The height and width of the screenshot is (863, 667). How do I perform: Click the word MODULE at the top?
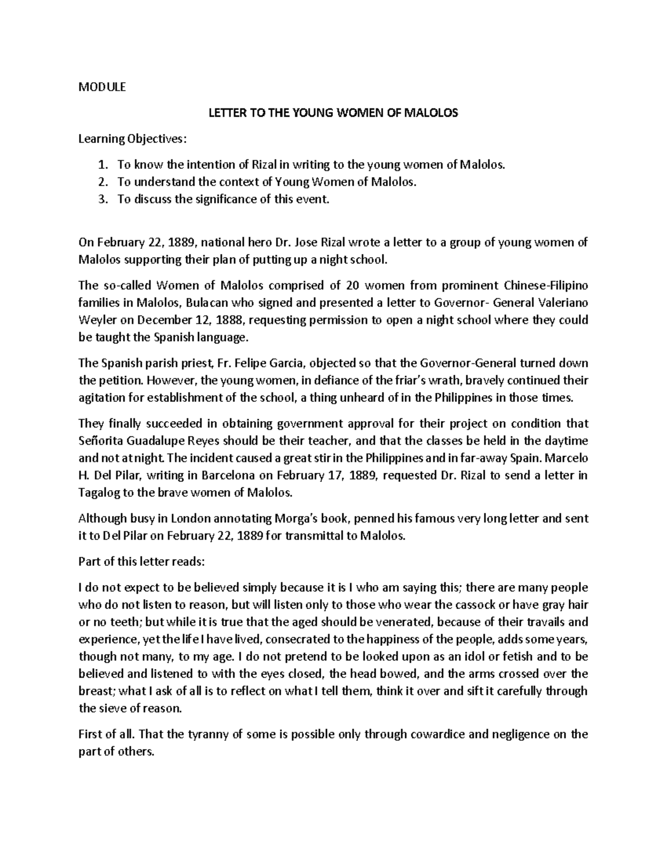[102, 87]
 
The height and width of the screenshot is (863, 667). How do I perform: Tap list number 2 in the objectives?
[101, 182]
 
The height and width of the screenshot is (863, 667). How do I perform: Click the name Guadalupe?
[152, 441]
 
